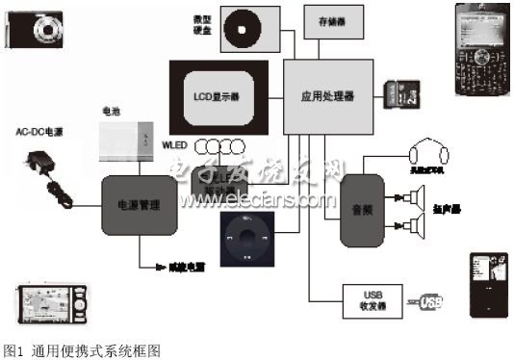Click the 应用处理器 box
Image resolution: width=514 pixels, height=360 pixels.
click(327, 96)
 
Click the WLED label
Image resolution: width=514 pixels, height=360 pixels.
click(174, 145)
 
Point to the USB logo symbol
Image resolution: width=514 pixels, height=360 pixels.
click(429, 303)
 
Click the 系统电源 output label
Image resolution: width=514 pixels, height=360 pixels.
click(173, 267)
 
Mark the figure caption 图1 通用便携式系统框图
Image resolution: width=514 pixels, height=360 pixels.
click(81, 351)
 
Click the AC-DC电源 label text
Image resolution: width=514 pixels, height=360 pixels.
click(39, 130)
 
